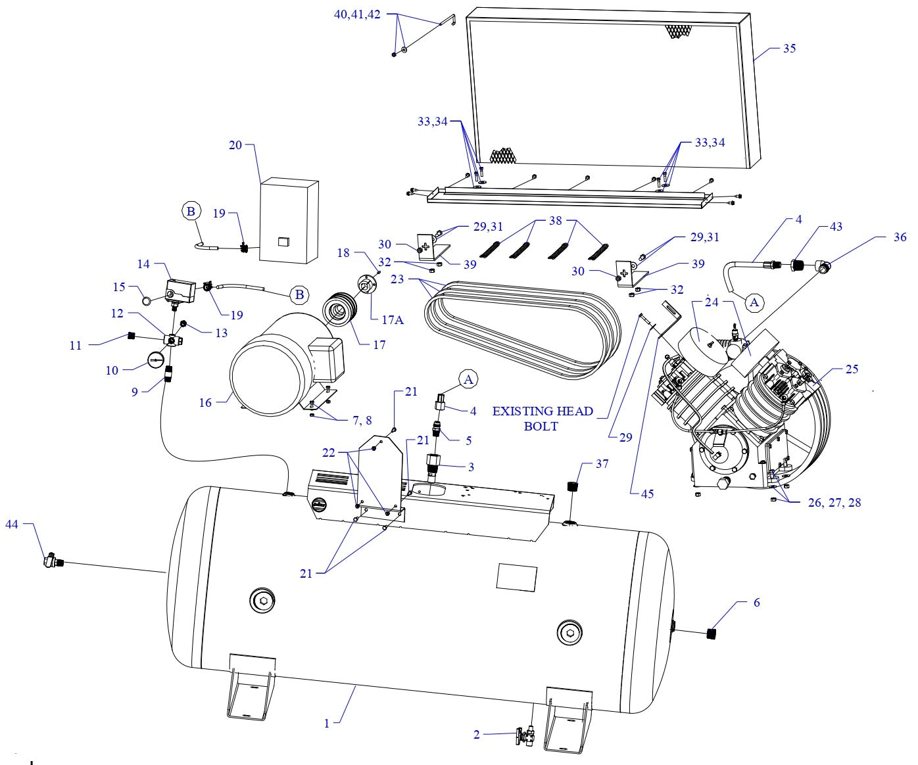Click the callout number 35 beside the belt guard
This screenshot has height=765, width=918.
coord(788,49)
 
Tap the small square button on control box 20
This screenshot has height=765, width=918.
coord(283,241)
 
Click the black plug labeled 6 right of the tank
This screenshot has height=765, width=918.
coord(711,634)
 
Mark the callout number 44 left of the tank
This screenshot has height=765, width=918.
coord(12,524)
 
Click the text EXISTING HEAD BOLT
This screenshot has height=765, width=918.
coord(543,419)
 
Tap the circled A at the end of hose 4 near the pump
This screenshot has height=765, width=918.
coord(754,302)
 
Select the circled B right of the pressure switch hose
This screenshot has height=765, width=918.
coord(300,295)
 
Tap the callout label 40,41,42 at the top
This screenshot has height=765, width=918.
coord(357,14)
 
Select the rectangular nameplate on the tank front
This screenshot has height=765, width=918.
coord(516,577)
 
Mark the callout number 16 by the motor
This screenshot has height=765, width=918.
coord(206,402)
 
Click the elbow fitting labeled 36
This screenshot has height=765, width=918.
coord(823,266)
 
